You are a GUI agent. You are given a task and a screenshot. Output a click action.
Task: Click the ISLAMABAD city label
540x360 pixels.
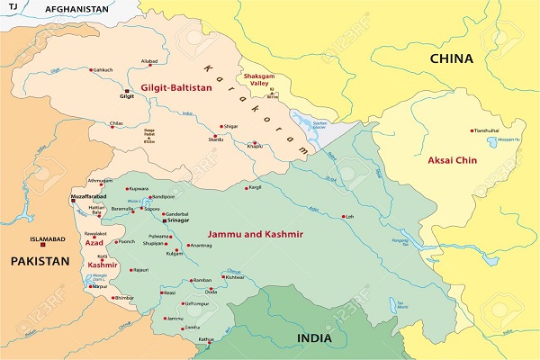(49, 239)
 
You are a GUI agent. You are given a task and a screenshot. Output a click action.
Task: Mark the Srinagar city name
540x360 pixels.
(176, 219)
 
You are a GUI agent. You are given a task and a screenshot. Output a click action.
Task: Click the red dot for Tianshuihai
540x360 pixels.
(472, 130)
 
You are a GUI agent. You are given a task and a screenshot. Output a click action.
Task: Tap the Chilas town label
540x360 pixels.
(117, 122)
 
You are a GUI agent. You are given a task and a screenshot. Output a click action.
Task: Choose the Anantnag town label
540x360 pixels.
(200, 246)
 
